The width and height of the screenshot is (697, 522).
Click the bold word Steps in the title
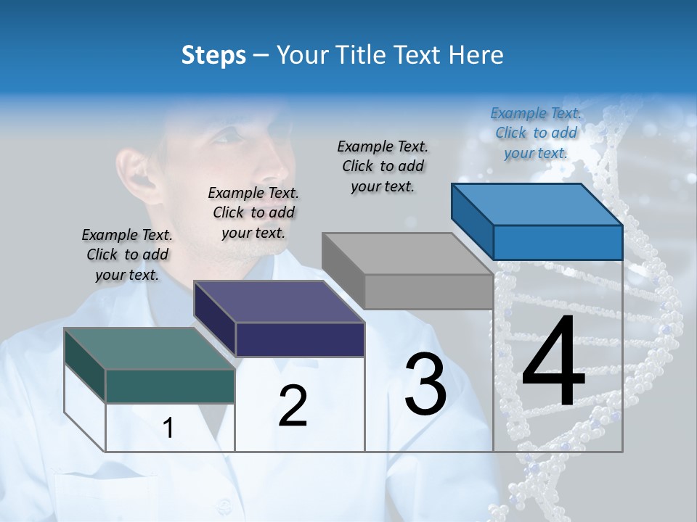[x=213, y=55]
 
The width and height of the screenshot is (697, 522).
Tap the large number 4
[x=553, y=362]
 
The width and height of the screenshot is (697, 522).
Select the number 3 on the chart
[x=425, y=384]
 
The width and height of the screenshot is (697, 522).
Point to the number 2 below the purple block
[x=293, y=406]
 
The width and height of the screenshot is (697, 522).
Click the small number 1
[x=168, y=428]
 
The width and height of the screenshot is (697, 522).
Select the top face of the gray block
[x=407, y=254]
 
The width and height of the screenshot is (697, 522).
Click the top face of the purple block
[x=280, y=302]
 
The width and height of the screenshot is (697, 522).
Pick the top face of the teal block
[x=150, y=349]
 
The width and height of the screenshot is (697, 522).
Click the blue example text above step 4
[x=536, y=133]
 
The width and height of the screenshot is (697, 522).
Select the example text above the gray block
[x=383, y=166]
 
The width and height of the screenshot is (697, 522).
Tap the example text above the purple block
[x=253, y=213]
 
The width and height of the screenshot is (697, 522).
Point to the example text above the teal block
[x=127, y=255]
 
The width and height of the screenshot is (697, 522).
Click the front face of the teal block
[x=170, y=386]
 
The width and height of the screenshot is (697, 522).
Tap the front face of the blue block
[x=558, y=242]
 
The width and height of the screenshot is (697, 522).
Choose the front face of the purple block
[x=300, y=339]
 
